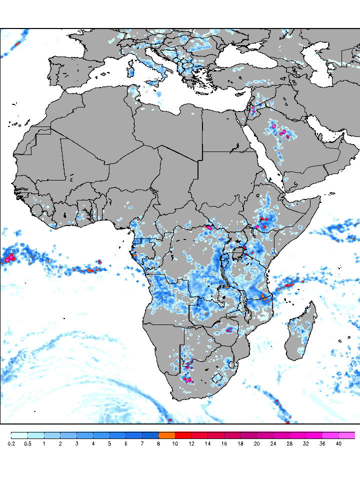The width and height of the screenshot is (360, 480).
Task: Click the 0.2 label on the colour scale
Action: click(x=11, y=443)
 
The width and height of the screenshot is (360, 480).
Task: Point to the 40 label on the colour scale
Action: click(x=338, y=443)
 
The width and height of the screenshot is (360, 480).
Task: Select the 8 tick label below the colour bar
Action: click(x=158, y=443)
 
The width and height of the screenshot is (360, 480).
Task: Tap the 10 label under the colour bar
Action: click(x=175, y=443)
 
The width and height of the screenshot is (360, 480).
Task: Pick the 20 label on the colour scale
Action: click(x=256, y=443)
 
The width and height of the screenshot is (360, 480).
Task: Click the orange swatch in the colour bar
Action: click(x=166, y=435)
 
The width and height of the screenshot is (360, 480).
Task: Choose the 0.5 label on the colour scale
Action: click(x=27, y=443)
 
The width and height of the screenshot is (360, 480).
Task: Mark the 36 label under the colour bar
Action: click(x=322, y=443)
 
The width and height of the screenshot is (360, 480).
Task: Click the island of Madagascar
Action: click(x=301, y=332)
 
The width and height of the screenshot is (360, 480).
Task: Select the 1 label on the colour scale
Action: click(x=44, y=443)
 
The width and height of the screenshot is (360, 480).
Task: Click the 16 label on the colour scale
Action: click(x=224, y=443)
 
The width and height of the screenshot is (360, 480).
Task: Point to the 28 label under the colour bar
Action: click(x=289, y=443)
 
